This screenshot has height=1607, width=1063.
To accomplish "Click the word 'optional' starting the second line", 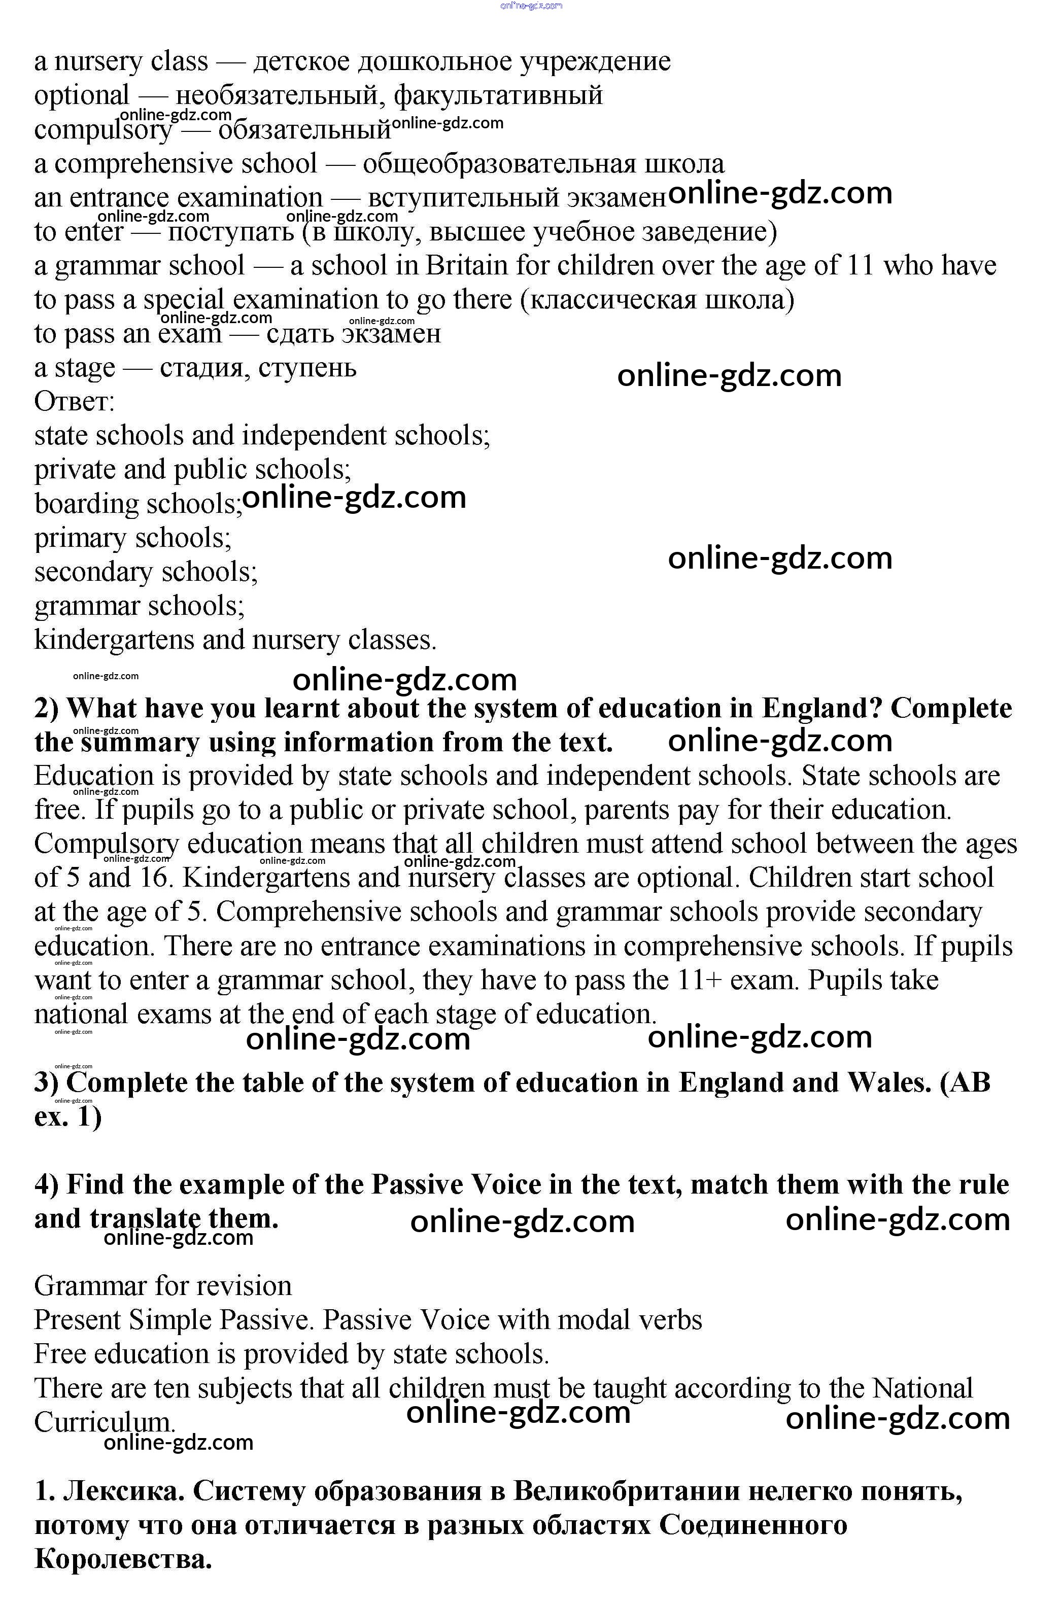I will click(81, 95).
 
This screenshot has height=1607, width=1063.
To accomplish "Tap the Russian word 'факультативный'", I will click(498, 95).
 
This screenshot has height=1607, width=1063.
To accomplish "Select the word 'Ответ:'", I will click(75, 401).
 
